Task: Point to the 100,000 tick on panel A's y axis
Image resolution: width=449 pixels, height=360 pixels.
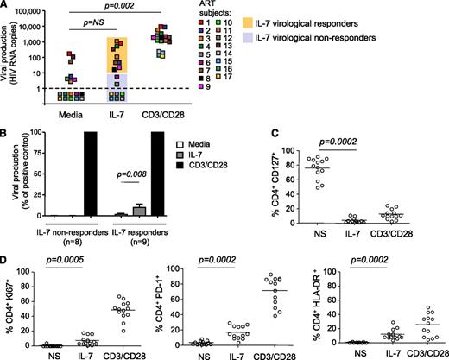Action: (x=38, y=11)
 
